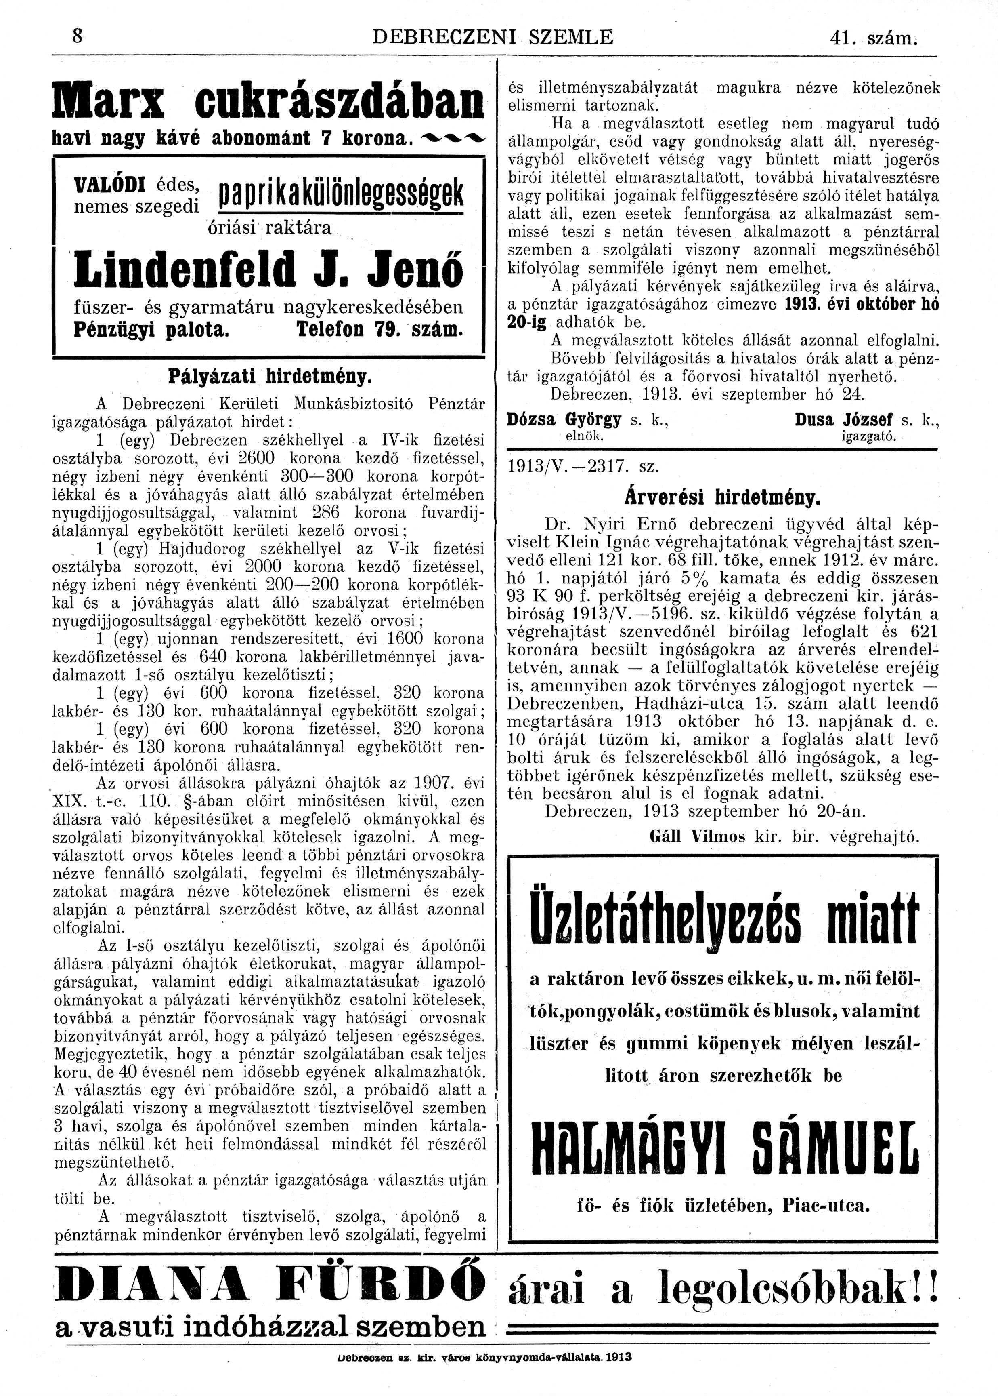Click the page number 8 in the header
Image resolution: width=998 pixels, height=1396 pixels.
(78, 37)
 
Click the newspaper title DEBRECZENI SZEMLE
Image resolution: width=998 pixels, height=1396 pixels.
(493, 38)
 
